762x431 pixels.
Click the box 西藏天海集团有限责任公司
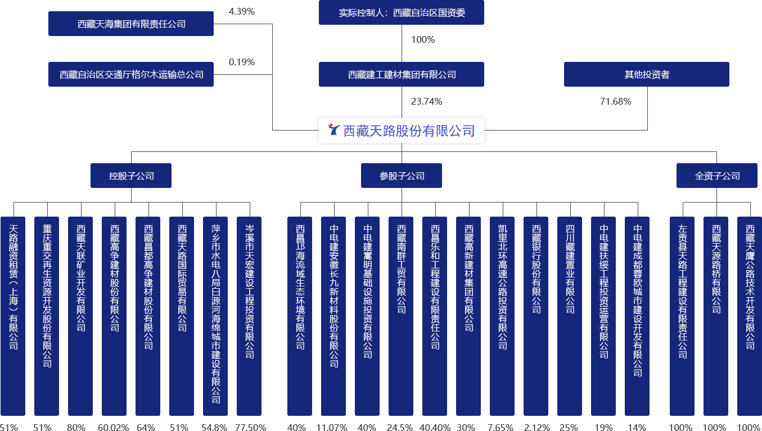(x=131, y=24)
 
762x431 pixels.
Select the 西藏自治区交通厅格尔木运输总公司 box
(x=131, y=74)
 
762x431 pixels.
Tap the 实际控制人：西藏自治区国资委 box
(x=402, y=12)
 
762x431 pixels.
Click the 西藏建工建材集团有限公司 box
(x=402, y=74)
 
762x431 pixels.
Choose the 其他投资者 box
(x=647, y=74)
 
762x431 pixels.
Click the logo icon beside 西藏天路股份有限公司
(x=335, y=131)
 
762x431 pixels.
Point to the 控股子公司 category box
(x=131, y=176)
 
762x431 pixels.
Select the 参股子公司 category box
(x=402, y=176)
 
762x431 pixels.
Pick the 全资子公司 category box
(x=717, y=176)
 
